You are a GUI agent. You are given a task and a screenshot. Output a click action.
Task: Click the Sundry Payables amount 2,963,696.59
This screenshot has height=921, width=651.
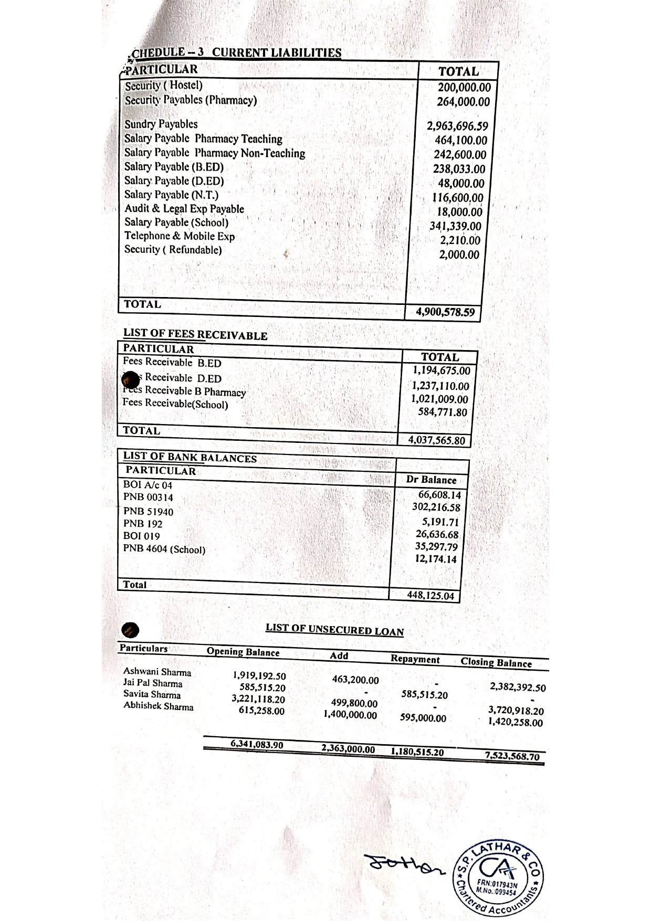click(457, 126)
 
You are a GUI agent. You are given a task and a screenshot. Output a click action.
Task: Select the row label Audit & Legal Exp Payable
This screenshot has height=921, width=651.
click(184, 209)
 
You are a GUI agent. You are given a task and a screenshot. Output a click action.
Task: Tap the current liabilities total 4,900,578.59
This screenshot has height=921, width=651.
click(445, 312)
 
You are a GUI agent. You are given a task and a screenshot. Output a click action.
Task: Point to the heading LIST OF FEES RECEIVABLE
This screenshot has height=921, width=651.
click(195, 335)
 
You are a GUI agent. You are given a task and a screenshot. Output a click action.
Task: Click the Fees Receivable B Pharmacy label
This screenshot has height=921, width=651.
click(184, 391)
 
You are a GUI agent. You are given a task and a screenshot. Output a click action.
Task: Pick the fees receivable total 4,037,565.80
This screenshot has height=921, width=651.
click(437, 440)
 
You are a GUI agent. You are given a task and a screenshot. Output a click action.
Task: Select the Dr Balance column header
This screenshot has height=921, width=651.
click(431, 480)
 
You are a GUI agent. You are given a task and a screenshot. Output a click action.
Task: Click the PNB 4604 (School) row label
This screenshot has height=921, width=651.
click(164, 549)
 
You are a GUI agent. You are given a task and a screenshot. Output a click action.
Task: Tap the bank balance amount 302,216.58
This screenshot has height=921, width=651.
click(436, 507)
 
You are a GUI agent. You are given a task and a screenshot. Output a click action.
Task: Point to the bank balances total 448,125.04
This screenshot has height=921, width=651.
click(430, 596)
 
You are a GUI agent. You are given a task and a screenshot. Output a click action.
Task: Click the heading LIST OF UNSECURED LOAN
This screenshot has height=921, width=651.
click(334, 630)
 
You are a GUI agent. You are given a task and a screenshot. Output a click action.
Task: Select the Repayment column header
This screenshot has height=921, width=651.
click(415, 659)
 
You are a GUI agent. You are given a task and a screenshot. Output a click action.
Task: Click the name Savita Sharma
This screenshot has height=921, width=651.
click(152, 694)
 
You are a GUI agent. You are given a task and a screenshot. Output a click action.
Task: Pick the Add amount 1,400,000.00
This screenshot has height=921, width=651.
click(350, 715)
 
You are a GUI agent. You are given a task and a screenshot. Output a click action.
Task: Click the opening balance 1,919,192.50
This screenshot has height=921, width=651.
click(259, 676)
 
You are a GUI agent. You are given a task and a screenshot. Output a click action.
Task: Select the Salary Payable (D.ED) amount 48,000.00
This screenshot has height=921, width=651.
click(461, 184)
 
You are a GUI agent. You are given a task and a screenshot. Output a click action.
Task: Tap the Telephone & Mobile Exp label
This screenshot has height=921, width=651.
click(180, 236)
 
